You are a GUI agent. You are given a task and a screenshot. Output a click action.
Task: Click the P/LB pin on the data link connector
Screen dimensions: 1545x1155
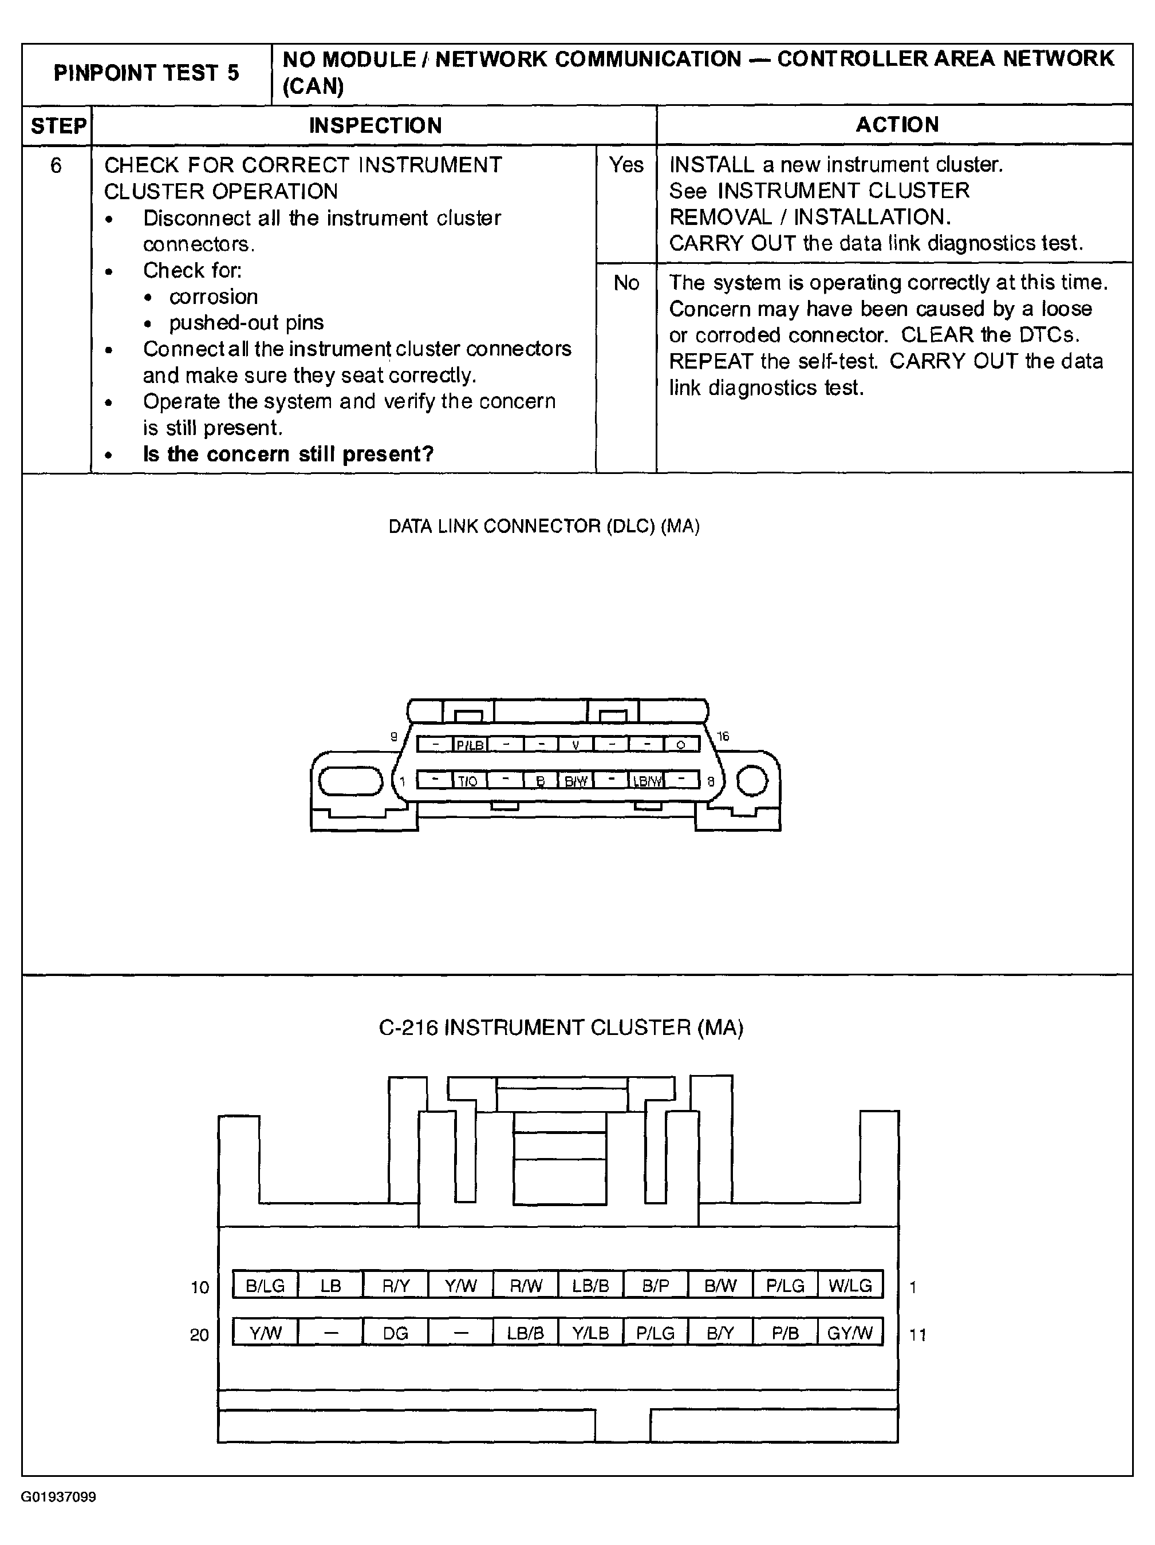coord(470,745)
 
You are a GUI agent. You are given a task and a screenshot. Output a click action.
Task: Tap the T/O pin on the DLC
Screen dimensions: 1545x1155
coord(467,780)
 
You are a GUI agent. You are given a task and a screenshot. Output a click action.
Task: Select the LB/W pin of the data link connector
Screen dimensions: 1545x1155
coord(647,780)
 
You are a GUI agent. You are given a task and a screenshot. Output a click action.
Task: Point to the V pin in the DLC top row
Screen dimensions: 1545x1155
coord(575,745)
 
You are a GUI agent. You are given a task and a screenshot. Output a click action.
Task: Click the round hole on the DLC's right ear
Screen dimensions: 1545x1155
coord(752,780)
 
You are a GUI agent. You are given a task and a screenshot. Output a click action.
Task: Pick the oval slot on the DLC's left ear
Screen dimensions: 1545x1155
coord(351,781)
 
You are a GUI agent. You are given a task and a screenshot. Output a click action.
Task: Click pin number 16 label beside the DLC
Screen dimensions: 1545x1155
coord(723,736)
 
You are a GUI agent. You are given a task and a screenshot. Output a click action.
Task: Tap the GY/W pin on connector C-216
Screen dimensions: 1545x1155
coord(850,1333)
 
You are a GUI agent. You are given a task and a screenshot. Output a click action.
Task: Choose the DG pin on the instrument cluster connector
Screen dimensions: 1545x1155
coord(396,1333)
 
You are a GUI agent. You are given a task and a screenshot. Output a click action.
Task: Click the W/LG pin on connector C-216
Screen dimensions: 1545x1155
coord(850,1286)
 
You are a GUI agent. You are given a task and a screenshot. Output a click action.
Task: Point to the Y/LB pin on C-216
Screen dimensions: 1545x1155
coord(590,1333)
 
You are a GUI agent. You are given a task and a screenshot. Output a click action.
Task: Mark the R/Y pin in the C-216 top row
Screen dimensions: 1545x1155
coord(396,1286)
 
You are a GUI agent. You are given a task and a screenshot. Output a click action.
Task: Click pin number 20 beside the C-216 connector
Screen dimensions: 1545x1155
coord(199,1335)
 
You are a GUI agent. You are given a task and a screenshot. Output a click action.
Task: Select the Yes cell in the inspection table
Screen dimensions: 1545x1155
coord(626,165)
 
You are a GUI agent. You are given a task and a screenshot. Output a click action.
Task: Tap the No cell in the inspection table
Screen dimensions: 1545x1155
coord(626,283)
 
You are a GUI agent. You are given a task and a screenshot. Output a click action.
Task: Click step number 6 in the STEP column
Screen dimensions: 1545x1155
coord(56,165)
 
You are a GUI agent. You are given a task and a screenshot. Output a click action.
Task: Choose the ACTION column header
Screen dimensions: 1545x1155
coord(897,125)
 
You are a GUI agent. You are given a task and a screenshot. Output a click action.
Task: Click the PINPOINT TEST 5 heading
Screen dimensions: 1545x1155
coord(146,73)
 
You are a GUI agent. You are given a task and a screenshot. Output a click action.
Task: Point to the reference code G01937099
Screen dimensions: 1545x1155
coord(58,1497)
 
